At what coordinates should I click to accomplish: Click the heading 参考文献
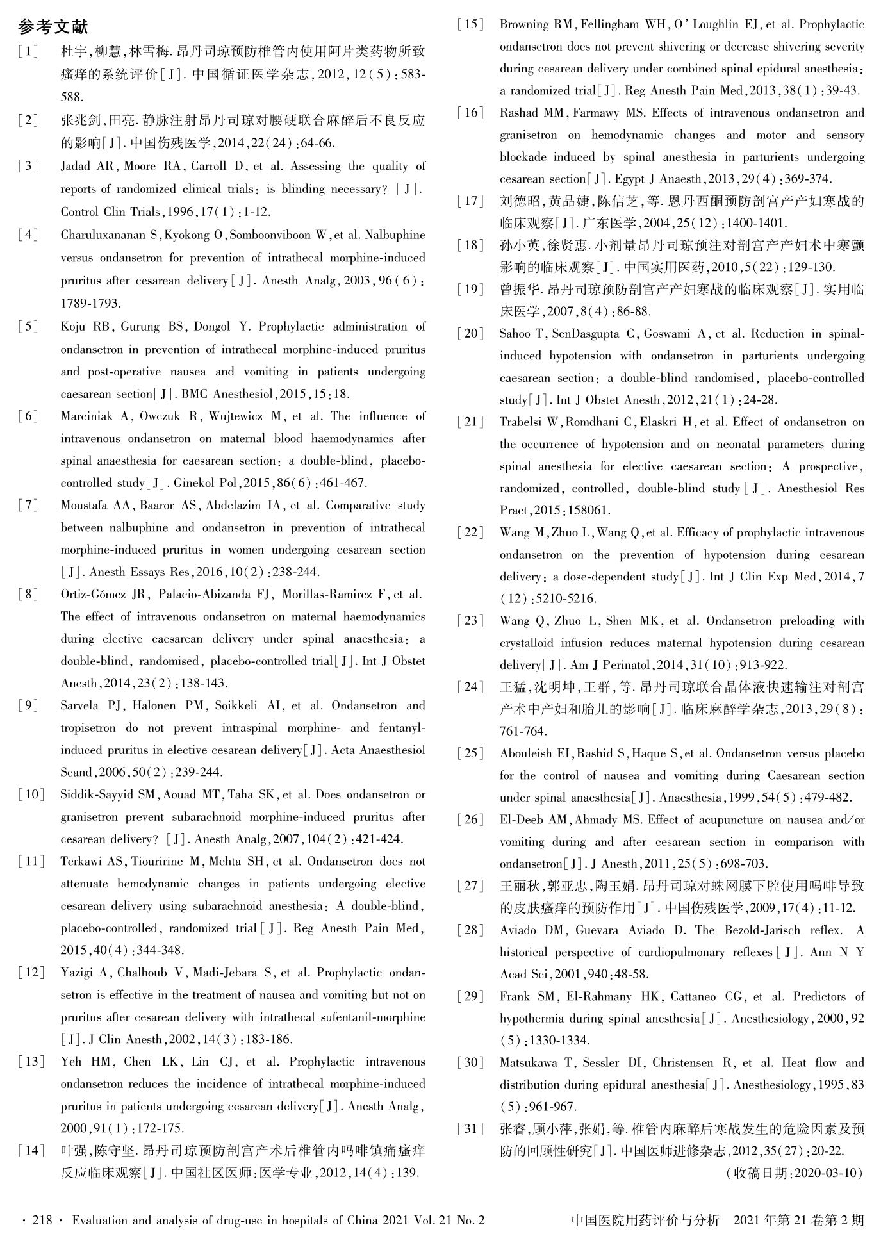tap(53, 27)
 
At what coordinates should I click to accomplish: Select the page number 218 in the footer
tap(42, 1221)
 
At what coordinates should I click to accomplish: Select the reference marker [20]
tap(470, 334)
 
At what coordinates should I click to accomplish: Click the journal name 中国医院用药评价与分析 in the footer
tap(646, 1221)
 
